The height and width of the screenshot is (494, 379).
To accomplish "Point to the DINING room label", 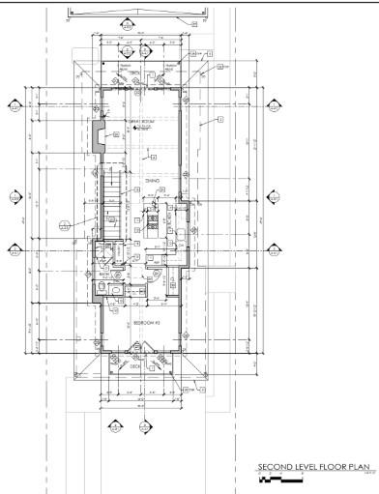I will pyautogui.click(x=152, y=181).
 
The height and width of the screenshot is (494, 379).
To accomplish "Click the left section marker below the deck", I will pyautogui.click(x=115, y=424).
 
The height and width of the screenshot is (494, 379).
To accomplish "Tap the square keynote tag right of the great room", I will pyautogui.click(x=220, y=119).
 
